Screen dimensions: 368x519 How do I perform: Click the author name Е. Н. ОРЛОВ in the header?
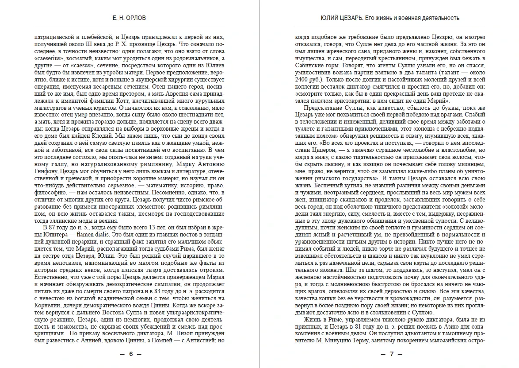point(130,18)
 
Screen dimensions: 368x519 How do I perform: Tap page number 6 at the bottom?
point(130,354)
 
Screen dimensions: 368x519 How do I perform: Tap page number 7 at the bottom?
point(391,354)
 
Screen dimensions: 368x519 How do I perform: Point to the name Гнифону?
point(46,171)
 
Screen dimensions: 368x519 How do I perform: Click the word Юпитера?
point(49,234)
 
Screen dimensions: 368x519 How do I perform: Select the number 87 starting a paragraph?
point(49,227)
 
